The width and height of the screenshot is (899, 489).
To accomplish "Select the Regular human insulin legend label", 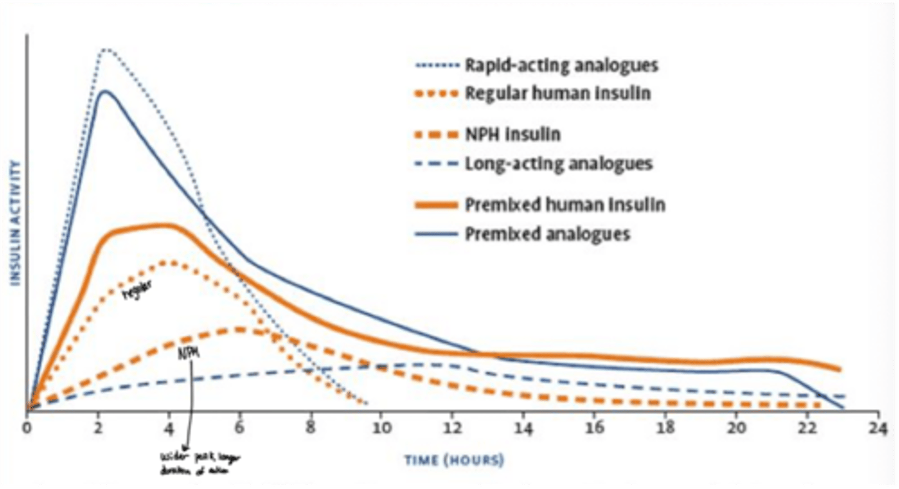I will (x=558, y=94).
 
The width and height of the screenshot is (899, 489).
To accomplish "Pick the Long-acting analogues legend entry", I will (x=558, y=164).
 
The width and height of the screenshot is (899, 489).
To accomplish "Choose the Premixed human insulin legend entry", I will (x=564, y=204).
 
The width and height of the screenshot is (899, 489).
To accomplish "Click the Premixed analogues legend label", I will (x=548, y=234).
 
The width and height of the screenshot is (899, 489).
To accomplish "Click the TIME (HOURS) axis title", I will (x=453, y=461).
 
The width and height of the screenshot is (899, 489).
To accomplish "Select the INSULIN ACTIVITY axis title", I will (x=16, y=223).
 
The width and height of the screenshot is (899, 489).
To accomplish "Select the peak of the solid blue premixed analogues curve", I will (x=105, y=91).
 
